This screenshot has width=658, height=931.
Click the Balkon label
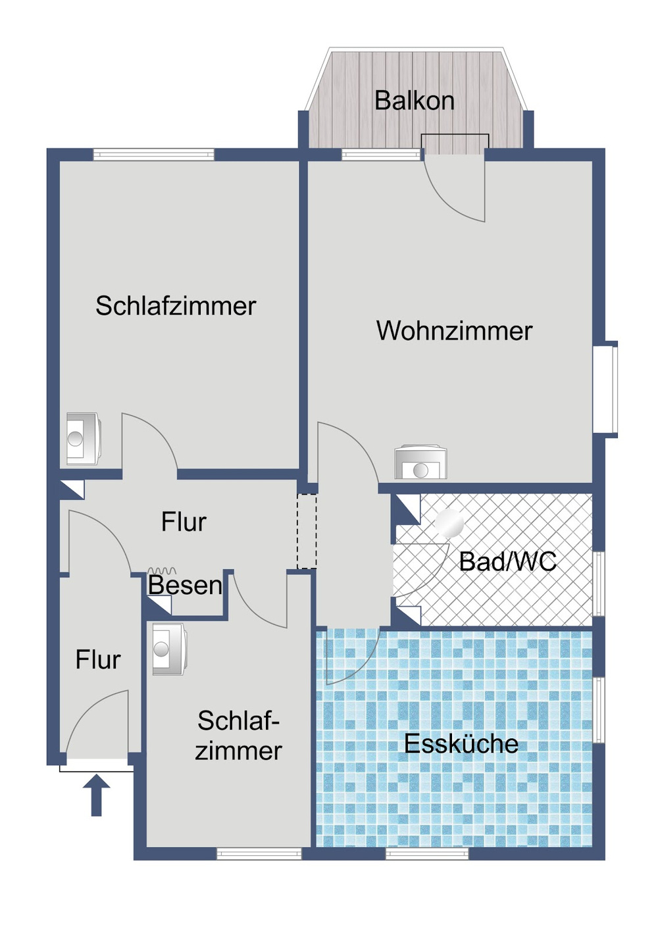click(x=414, y=101)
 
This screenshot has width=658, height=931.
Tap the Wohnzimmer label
click(x=454, y=330)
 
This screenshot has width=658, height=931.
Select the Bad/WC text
click(x=507, y=561)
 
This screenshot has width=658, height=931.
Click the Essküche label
click(x=461, y=743)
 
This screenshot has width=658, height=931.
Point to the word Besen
click(x=185, y=585)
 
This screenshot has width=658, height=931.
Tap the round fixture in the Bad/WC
click(x=449, y=523)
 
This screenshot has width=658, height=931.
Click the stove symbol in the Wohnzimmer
click(x=420, y=463)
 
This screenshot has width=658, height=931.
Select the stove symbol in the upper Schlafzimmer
click(x=83, y=438)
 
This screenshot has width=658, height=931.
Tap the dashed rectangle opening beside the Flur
click(x=307, y=531)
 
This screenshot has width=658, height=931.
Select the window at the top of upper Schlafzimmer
click(x=153, y=155)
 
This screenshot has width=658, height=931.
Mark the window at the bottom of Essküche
click(x=427, y=853)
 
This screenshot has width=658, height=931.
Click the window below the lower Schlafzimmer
click(x=259, y=853)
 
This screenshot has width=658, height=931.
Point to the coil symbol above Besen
click(x=162, y=571)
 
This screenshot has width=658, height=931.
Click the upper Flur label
click(x=184, y=522)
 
